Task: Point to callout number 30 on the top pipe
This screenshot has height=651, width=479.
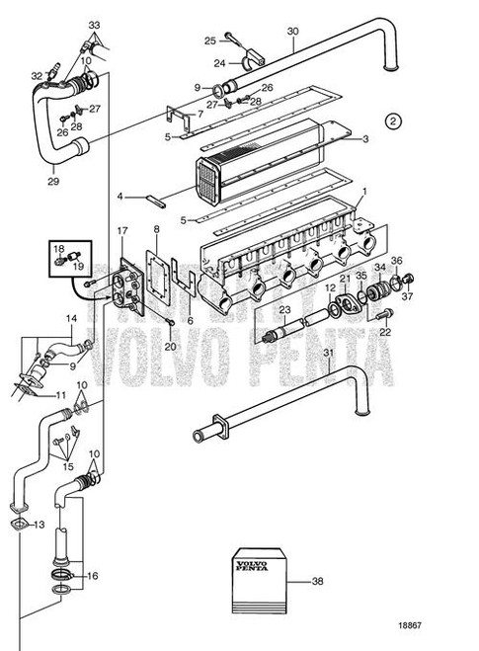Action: pos(292,32)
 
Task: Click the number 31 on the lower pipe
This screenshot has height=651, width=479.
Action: pos(328,355)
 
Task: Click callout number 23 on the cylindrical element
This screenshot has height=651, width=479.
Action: pos(285,309)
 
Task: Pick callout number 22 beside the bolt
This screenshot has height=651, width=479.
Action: pos(384,332)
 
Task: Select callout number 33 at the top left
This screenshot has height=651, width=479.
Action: pos(93,23)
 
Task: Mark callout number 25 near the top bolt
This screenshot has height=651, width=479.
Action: pos(209,41)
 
